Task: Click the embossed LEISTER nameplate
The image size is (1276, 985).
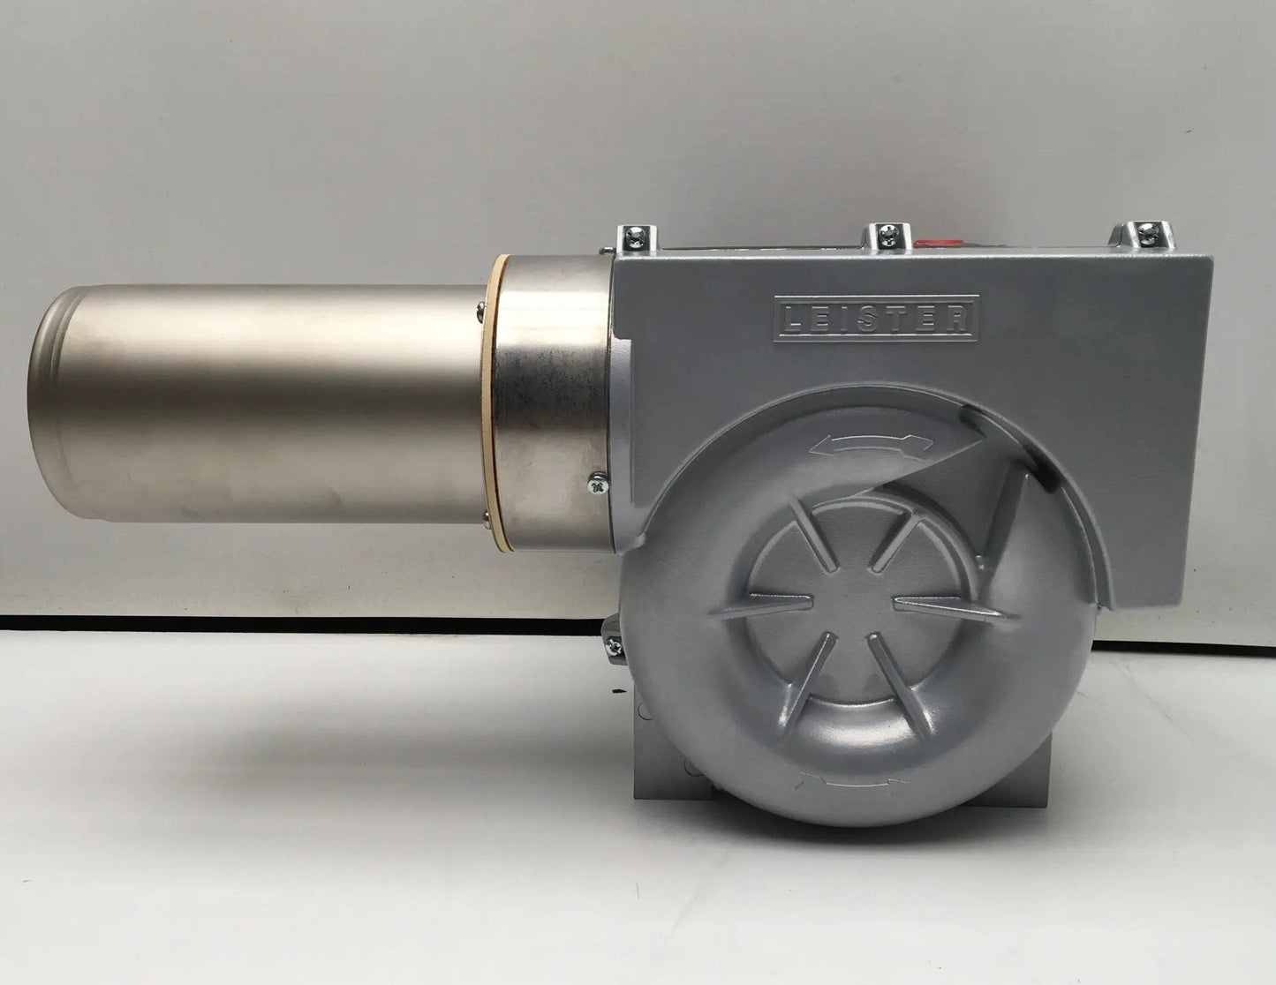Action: tap(875, 319)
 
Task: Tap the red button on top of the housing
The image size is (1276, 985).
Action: tap(939, 241)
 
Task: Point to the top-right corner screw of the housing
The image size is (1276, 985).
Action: tap(1145, 234)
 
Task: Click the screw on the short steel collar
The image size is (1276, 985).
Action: tap(599, 485)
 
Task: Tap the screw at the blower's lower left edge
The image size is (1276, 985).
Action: tap(615, 647)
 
